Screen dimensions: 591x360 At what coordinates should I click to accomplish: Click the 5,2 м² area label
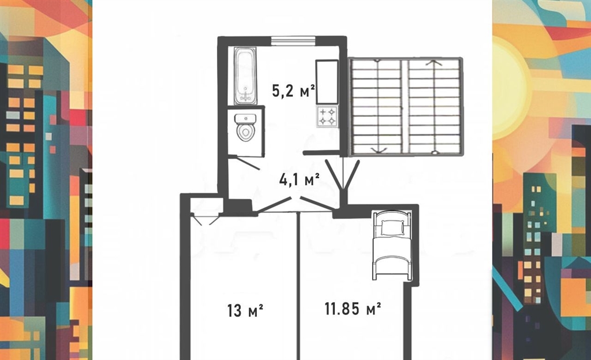tap(294, 91)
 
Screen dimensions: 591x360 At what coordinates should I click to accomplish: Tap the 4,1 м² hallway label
tap(300, 179)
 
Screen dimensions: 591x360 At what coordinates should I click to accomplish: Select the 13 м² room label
tap(245, 310)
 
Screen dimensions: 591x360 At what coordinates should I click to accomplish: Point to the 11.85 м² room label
tap(353, 309)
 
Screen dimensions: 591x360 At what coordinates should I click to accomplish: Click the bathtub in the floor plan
tap(245, 76)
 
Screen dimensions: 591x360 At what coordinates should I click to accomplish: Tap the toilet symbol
tap(245, 127)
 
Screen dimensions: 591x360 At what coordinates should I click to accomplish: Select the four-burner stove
tap(327, 117)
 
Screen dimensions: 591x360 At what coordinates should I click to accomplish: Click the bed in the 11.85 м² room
tap(392, 245)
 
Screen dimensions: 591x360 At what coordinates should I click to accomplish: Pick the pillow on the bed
tap(392, 227)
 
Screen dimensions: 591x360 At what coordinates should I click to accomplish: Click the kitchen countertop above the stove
tap(327, 82)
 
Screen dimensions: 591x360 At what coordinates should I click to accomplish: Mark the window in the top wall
tap(293, 40)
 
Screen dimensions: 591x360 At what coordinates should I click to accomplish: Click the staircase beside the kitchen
tap(406, 106)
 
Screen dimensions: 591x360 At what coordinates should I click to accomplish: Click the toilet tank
tap(245, 119)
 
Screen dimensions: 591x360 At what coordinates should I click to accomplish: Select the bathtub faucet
tap(246, 96)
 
